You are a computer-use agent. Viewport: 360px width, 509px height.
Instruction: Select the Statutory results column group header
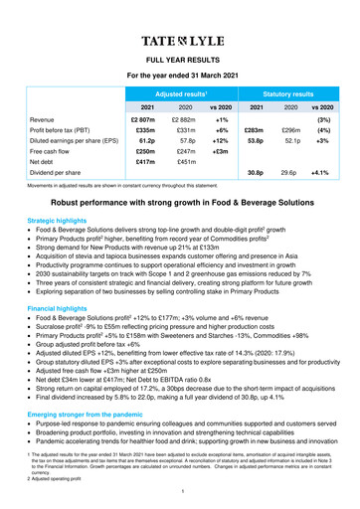pyautogui.click(x=285, y=92)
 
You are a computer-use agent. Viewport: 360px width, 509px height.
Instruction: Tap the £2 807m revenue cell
pyautogui.click(x=143, y=119)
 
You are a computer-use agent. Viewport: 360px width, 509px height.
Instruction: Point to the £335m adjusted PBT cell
pyautogui.click(x=145, y=131)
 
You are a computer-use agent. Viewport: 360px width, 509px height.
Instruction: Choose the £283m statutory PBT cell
pyautogui.click(x=253, y=131)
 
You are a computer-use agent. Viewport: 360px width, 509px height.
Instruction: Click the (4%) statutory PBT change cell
pyautogui.click(x=322, y=131)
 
